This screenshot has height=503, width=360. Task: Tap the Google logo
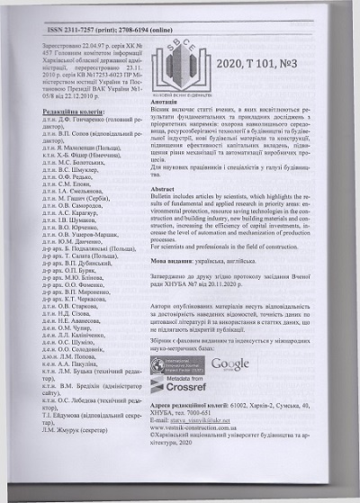coord(229,364)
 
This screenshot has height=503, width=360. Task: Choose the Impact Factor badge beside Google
coord(177,364)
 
